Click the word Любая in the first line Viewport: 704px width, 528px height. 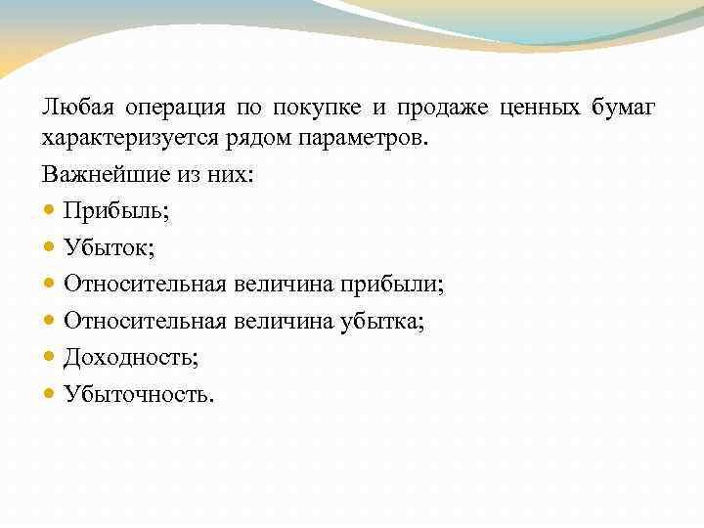point(73,106)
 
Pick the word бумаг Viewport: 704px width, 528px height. point(624,107)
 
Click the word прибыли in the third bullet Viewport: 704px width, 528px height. point(391,285)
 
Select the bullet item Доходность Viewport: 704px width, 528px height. point(130,358)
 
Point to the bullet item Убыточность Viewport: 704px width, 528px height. point(138,394)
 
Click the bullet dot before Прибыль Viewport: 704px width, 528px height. point(50,210)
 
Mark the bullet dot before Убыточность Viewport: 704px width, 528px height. point(50,394)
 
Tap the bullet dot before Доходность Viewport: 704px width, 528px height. point(50,358)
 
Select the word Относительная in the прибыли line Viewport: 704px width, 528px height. point(145,285)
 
